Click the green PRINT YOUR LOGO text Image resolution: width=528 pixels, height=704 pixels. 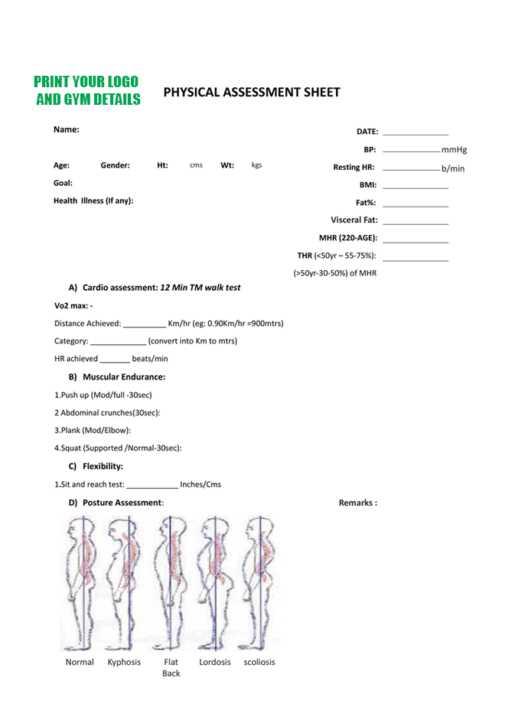86,82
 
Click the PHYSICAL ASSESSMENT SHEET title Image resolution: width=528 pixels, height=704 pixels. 252,93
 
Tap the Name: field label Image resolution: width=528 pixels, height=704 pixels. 67,129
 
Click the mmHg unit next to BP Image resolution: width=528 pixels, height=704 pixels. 454,150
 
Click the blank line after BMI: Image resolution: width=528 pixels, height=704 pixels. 414,187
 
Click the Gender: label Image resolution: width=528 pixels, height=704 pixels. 115,165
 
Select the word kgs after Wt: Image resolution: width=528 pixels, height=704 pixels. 256,165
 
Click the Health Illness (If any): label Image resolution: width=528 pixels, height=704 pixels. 93,200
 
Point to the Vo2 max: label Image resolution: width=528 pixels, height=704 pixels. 73,306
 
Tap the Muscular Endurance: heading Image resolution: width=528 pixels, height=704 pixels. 123,376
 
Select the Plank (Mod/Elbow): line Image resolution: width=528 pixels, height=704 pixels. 93,430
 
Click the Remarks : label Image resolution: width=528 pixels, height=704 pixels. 357,503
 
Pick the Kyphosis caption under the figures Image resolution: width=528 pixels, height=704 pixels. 124,662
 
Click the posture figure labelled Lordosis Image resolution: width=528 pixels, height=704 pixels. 215,582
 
